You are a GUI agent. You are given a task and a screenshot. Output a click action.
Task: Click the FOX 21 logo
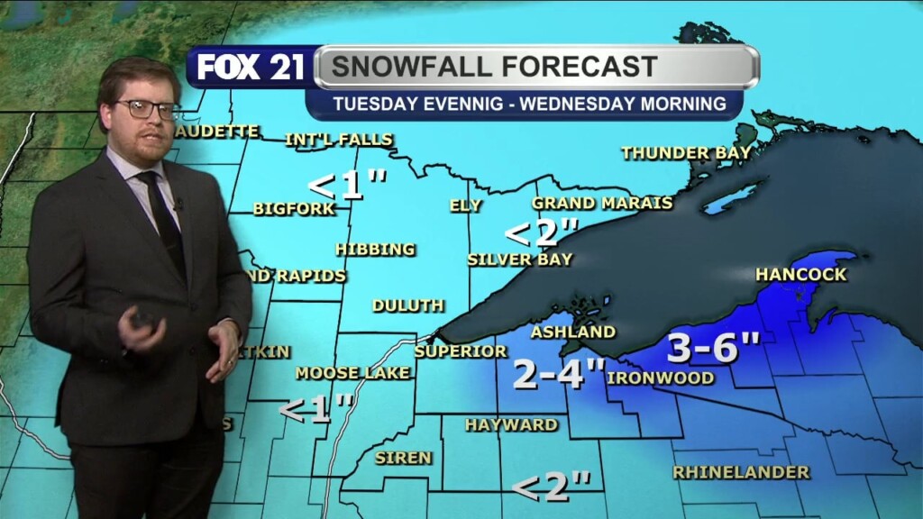pos(251,68)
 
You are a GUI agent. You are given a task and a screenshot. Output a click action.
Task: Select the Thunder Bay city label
pos(686,153)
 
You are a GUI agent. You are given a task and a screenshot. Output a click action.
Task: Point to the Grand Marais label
pos(602,203)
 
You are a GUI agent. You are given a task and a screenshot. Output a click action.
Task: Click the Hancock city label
pos(800,274)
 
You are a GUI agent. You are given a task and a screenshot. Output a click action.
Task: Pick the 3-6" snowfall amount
pos(714,348)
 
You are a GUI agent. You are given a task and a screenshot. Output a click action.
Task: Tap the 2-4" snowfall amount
pos(558,374)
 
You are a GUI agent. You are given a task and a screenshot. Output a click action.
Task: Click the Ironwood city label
pos(661,378)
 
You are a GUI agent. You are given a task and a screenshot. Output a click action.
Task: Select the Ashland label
pos(572,332)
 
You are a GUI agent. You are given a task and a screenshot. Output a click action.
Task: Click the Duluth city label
pos(407,305)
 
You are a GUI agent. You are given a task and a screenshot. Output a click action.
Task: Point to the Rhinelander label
pos(741,471)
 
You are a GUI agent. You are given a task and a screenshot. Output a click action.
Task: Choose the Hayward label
pos(511,424)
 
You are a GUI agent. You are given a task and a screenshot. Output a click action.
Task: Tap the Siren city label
pos(403,458)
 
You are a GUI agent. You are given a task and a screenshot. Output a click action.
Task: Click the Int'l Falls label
pos(338,140)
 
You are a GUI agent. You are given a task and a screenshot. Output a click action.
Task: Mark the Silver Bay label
pos(519,259)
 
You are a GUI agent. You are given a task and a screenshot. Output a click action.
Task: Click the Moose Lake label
pos(352,373)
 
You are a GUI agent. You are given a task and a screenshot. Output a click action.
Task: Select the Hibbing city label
pos(375,249)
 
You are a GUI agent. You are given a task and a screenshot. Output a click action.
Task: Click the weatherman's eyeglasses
pos(146,108)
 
